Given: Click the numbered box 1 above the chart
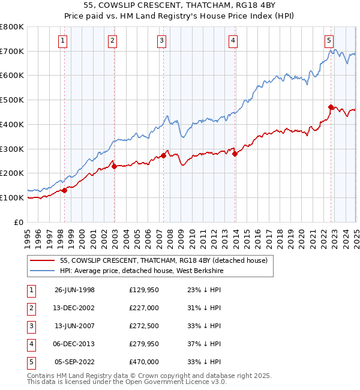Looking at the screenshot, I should tap(63, 41).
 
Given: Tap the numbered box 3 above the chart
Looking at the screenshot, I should tap(162, 41).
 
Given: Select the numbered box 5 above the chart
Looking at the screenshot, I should tap(329, 41).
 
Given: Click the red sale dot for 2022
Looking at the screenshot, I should tap(331, 107).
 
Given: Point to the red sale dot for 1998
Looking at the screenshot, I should tap(65, 191).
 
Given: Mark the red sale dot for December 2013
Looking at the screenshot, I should tap(235, 154).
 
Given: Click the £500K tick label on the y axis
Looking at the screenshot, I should tap(12, 100).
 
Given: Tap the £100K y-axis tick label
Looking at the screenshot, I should tap(12, 197).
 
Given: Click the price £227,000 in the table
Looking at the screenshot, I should tap(144, 308).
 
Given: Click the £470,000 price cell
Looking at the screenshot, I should tap(144, 362).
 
